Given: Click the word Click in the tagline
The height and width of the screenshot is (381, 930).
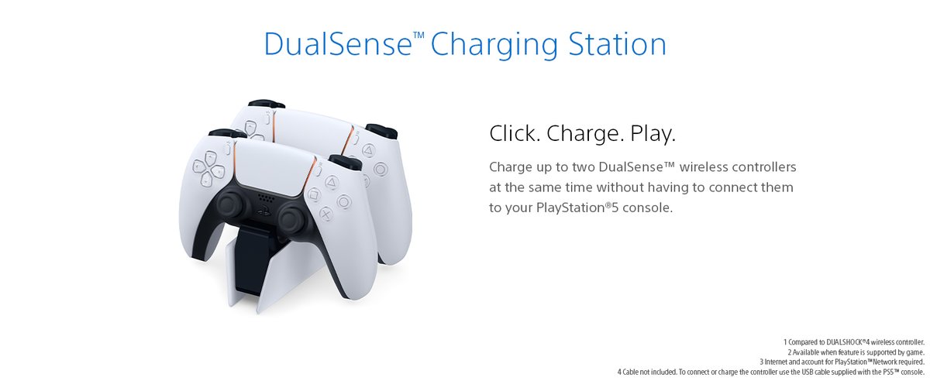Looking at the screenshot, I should [x=515, y=133].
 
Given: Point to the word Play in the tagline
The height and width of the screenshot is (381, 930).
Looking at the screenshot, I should [x=653, y=134].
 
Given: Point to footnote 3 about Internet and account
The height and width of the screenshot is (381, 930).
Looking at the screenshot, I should [x=842, y=362].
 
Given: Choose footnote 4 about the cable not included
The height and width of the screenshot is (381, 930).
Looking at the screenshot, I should [x=770, y=372].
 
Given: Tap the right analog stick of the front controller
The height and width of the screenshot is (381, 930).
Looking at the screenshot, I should [x=293, y=218].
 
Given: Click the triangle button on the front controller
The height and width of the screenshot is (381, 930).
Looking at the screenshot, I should [x=331, y=182].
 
